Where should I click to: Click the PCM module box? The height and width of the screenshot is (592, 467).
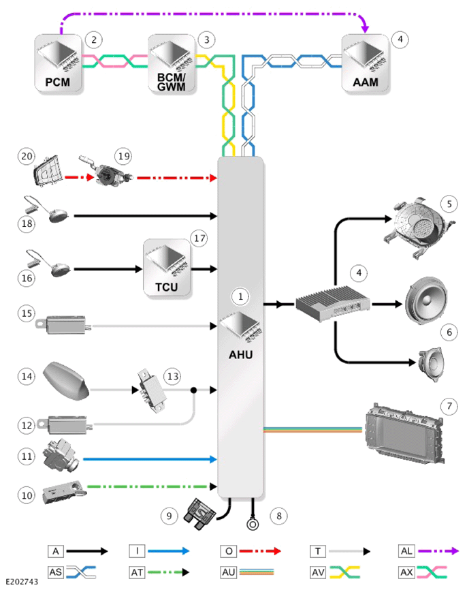[x=58, y=63]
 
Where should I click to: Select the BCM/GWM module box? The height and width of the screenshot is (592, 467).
[x=172, y=63]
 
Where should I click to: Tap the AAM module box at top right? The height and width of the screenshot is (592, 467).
[x=365, y=63]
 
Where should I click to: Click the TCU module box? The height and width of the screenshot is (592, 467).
[x=167, y=268]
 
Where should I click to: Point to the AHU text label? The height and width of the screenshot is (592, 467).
[x=241, y=354]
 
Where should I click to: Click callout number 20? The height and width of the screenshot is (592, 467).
[x=27, y=156]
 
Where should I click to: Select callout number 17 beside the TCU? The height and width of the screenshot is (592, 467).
[x=199, y=238]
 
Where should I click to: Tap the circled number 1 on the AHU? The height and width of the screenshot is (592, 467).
[x=240, y=297]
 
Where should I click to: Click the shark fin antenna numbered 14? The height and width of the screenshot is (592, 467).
[x=66, y=381]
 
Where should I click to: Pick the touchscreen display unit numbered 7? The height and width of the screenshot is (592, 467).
[x=404, y=433]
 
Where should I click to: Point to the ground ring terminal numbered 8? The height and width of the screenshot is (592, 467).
[x=253, y=524]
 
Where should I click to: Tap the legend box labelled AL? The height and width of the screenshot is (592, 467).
[x=406, y=551]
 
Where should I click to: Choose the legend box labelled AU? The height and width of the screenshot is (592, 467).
[x=229, y=572]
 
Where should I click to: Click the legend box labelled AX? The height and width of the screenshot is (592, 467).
[x=406, y=572]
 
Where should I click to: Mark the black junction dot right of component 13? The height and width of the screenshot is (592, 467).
[x=194, y=390]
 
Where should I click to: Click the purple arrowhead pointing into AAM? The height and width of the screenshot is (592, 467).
[x=365, y=29]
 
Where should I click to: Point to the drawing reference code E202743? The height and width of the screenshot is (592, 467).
[x=22, y=582]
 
